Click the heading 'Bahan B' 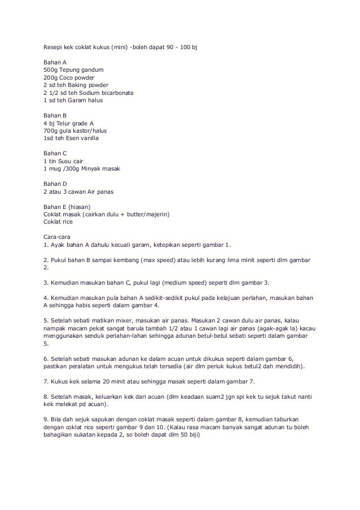pos(55,115)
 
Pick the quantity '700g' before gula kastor pos(51,130)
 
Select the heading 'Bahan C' pos(55,153)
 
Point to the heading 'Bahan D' pos(55,184)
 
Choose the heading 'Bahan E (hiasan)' pos(67,207)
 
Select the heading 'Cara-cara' pos(58,237)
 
